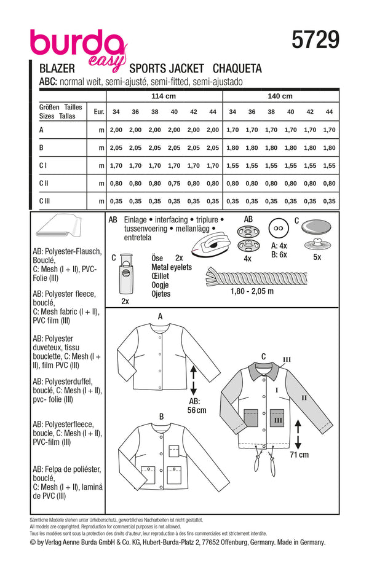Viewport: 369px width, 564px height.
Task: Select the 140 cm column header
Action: coord(280,96)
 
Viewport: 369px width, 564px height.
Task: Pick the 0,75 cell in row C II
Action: coord(174,183)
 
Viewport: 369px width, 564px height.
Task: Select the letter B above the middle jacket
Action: coord(161,417)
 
